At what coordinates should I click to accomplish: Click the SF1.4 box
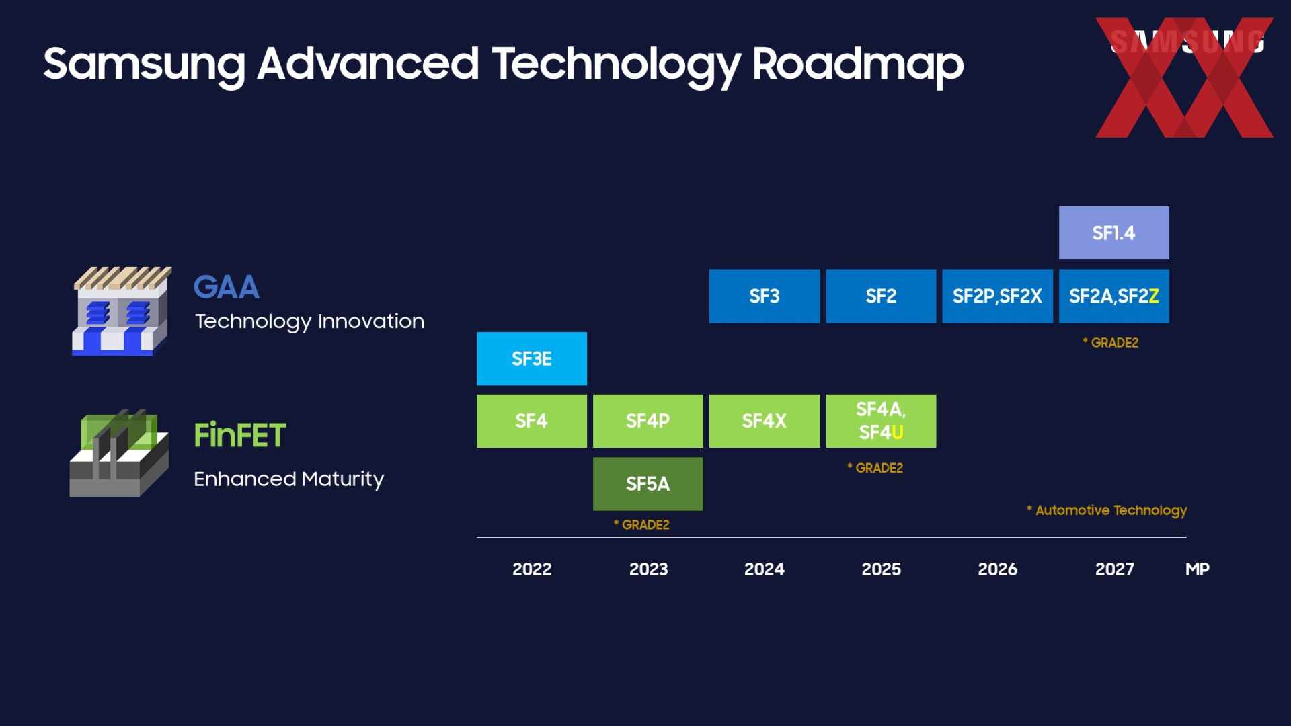[1113, 233]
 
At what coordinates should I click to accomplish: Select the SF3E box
[532, 358]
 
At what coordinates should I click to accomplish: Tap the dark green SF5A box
[648, 484]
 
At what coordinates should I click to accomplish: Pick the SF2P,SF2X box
[997, 296]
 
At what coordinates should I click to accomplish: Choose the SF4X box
[765, 421]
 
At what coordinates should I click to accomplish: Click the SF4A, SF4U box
[881, 421]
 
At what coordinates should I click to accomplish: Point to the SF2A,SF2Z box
[1114, 296]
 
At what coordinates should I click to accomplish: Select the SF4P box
[648, 421]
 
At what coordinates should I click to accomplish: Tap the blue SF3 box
[765, 296]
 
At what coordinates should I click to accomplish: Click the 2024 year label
[765, 569]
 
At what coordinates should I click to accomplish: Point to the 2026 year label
[998, 569]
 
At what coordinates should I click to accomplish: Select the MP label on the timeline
[1198, 569]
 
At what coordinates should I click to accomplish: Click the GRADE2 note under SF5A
[641, 524]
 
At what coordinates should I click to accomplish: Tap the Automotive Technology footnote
[1107, 510]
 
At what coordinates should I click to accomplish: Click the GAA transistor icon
[122, 311]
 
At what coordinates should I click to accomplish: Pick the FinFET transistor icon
[119, 452]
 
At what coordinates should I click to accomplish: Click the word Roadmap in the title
[858, 65]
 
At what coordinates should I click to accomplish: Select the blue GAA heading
[227, 287]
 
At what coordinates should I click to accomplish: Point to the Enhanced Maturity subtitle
[289, 479]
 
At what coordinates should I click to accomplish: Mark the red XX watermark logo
[1185, 78]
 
